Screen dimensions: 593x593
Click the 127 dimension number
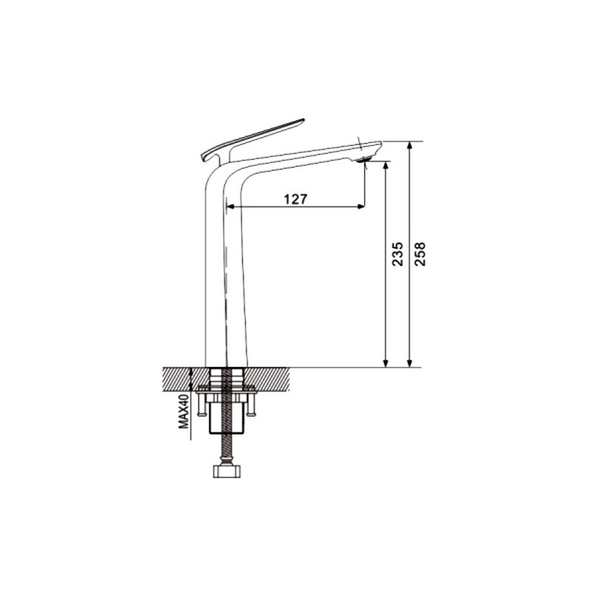pyautogui.click(x=295, y=199)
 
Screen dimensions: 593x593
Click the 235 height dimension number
pyautogui.click(x=397, y=254)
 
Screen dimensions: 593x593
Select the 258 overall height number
pyautogui.click(x=420, y=254)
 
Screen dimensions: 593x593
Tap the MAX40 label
pyautogui.click(x=183, y=411)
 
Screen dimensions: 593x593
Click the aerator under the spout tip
pyautogui.click(x=364, y=160)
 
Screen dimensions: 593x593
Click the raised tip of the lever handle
pyautogui.click(x=302, y=120)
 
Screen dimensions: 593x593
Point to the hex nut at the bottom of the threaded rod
pyautogui.click(x=227, y=471)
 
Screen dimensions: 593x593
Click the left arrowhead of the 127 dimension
pyautogui.click(x=229, y=207)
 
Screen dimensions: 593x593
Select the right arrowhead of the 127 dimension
pyautogui.click(x=361, y=207)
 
